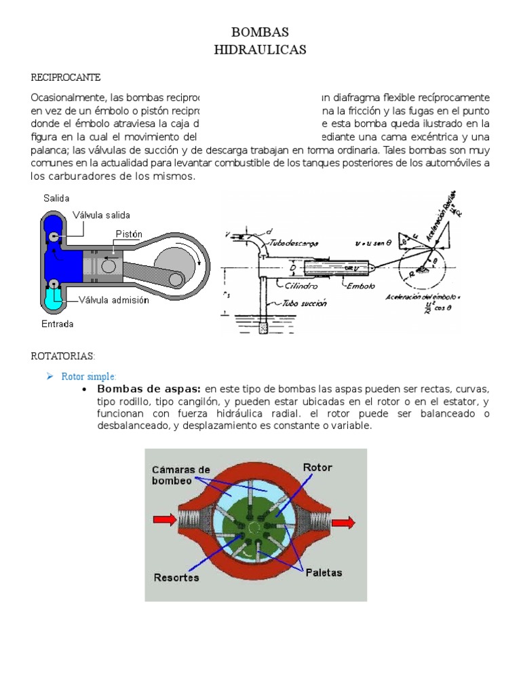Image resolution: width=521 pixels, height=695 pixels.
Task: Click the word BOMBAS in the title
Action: (260, 33)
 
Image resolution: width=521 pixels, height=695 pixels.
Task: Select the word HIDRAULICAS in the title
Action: (260, 50)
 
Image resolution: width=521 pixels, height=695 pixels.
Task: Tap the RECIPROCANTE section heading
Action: (66, 78)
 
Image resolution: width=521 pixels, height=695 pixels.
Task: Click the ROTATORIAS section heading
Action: (64, 356)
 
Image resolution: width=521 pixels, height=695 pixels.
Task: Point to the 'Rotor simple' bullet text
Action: (89, 376)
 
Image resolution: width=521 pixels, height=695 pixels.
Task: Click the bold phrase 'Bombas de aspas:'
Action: (149, 389)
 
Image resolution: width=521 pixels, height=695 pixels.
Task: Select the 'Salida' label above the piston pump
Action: (56, 198)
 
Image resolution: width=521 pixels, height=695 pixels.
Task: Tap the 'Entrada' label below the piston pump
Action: (58, 324)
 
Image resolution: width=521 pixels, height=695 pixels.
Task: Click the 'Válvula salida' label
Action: (102, 215)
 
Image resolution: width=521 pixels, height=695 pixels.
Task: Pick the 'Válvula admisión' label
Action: (113, 300)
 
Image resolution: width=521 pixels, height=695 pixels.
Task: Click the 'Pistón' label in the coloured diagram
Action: (129, 234)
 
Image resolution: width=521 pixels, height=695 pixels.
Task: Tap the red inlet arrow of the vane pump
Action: (164, 520)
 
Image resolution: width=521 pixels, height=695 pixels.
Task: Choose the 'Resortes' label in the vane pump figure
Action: (176, 577)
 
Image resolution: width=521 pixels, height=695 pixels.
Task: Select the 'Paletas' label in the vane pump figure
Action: (323, 572)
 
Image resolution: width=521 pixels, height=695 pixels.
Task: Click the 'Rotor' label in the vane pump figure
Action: (317, 468)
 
